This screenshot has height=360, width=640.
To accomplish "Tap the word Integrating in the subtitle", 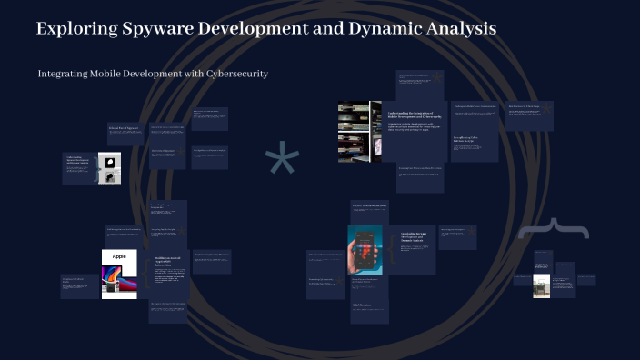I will [66, 73].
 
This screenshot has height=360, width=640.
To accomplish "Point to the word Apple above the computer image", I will [119, 257].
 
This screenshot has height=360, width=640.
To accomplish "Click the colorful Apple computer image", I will [119, 281].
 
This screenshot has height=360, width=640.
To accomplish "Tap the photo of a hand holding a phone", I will [365, 249].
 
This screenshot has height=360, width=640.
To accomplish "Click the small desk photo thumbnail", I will [541, 285].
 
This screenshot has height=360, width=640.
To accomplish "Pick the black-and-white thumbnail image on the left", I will [112, 169].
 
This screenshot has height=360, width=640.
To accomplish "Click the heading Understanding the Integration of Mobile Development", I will [415, 115].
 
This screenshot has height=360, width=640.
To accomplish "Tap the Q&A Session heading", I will [362, 305].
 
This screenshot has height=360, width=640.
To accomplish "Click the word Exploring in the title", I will [76, 29].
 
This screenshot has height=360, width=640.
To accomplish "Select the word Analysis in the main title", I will [465, 29].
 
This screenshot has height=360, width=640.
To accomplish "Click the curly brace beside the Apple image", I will [145, 273].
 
